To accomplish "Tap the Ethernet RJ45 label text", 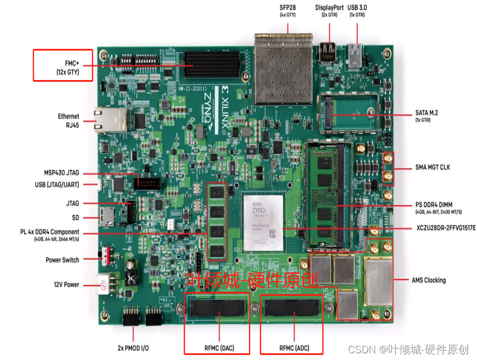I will pos(68,121).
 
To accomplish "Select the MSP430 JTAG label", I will pos(62,173).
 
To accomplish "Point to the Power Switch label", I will pos(62,260).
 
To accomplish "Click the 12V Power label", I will pos(66,284).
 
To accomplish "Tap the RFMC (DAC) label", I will pos(216,348).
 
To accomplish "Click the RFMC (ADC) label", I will pos(294,348).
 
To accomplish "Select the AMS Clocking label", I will pos(429,280).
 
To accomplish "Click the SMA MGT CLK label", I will pos(433,167).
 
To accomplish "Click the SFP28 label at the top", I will pos(287,8).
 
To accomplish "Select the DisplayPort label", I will pos(330,8).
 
